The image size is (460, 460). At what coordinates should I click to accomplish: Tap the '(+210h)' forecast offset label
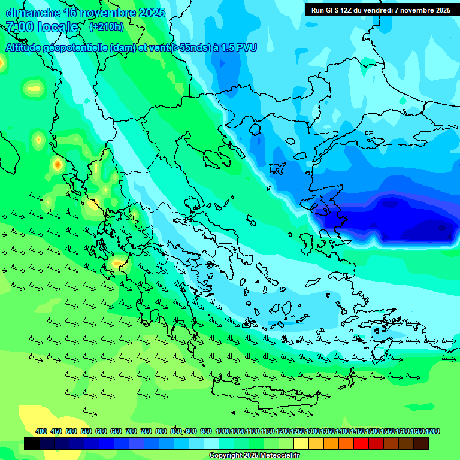click(x=107, y=27)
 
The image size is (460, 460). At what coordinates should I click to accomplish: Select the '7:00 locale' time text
click(x=42, y=27)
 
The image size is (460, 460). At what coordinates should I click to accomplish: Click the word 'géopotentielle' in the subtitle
click(x=77, y=47)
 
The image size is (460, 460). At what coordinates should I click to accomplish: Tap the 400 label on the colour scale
click(x=41, y=431)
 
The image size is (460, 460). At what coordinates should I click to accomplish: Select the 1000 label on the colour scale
click(x=223, y=431)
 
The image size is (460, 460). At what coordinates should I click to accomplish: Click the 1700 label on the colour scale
click(x=432, y=431)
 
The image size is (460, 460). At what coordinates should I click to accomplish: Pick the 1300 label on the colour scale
click(x=313, y=431)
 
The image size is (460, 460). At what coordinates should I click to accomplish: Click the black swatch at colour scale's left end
click(x=32, y=443)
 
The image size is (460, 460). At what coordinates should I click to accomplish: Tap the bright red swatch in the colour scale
click(x=361, y=443)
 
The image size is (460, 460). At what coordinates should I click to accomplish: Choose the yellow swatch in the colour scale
click(x=301, y=443)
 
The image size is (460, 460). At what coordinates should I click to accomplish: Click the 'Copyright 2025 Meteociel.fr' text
click(x=254, y=456)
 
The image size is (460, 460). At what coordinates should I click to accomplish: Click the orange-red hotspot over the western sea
click(x=57, y=164)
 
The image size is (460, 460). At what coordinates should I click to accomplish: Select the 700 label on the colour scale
click(x=131, y=431)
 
